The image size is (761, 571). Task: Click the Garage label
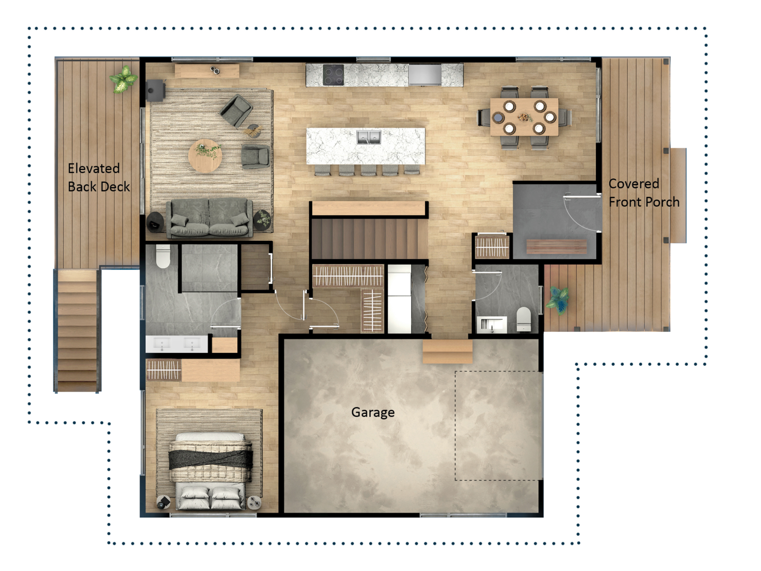pyautogui.click(x=373, y=412)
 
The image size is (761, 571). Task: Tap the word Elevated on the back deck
pyautogui.click(x=94, y=169)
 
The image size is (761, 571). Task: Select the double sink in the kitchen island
pyautogui.click(x=369, y=137)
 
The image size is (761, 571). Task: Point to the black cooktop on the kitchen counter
pyautogui.click(x=333, y=75)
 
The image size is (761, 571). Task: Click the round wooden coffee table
pyautogui.click(x=205, y=156)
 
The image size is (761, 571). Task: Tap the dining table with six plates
pyautogui.click(x=524, y=117)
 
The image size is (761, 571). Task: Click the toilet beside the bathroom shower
pyautogui.click(x=163, y=256)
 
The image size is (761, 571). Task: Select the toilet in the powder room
pyautogui.click(x=524, y=319)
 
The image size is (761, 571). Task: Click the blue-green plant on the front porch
pyautogui.click(x=558, y=299)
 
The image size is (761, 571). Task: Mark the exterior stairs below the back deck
pyautogui.click(x=77, y=331)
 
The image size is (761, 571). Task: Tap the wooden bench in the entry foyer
pyautogui.click(x=556, y=246)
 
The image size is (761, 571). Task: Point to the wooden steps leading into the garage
pyautogui.click(x=447, y=351)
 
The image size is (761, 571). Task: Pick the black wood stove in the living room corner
pyautogui.click(x=155, y=90)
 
